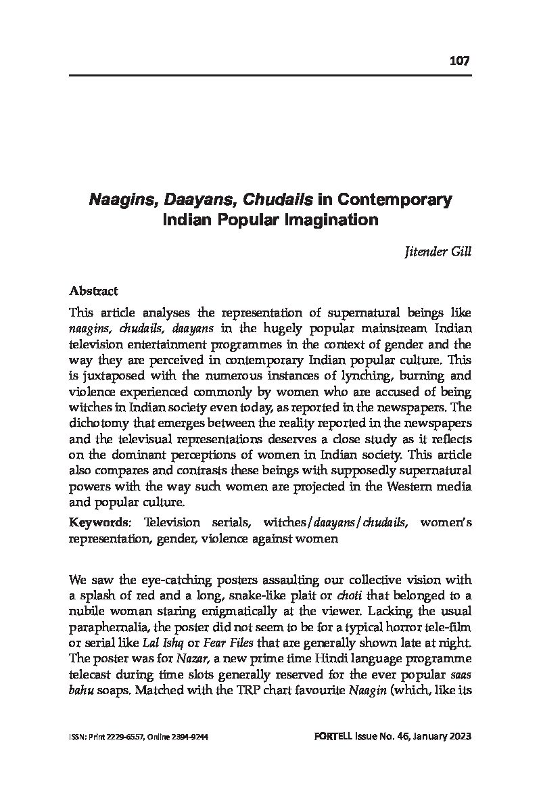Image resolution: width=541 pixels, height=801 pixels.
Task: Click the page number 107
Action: (x=459, y=61)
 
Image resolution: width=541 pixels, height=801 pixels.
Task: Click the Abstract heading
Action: (x=93, y=291)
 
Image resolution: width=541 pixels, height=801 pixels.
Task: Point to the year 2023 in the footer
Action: (x=458, y=737)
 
